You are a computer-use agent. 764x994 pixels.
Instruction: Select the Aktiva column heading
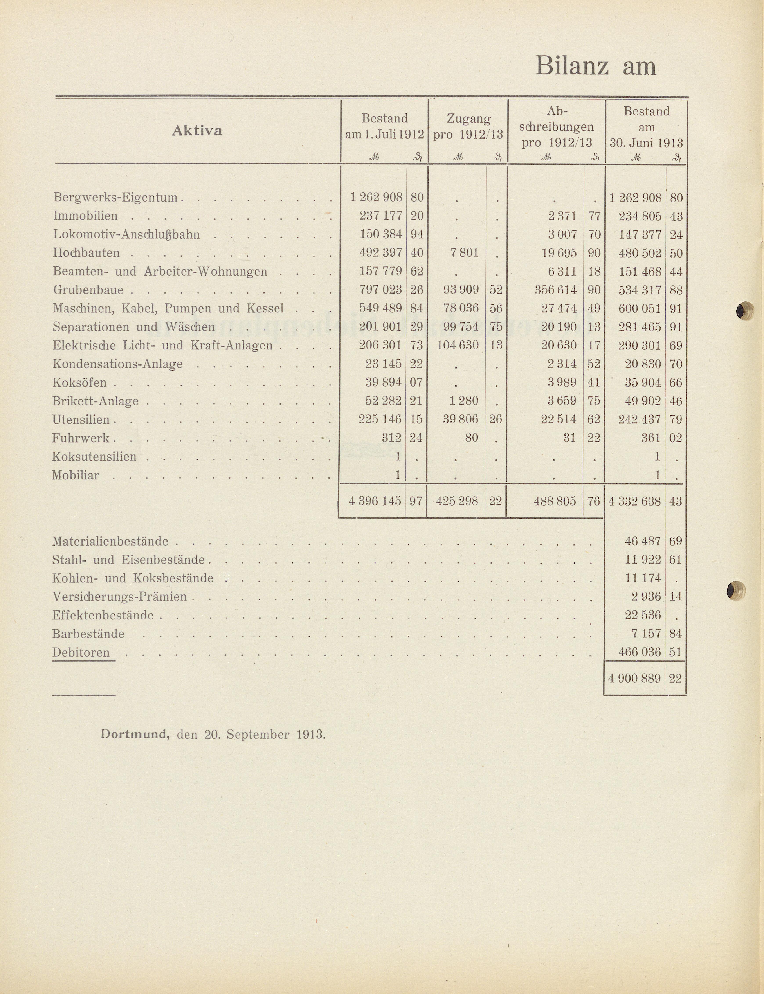[x=197, y=131]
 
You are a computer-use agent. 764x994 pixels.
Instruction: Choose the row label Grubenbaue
[x=88, y=290]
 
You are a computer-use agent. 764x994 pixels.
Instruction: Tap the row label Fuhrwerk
[x=81, y=438]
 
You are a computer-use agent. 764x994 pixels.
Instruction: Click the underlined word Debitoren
[x=81, y=652]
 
